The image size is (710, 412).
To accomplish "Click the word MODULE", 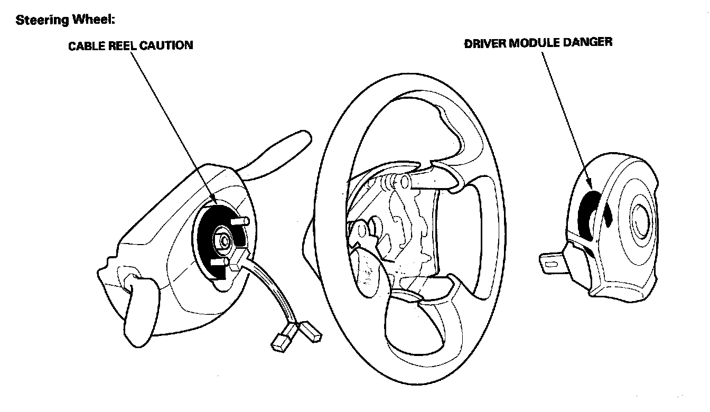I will click(x=533, y=43).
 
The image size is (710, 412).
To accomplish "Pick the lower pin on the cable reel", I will click(x=218, y=261).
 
